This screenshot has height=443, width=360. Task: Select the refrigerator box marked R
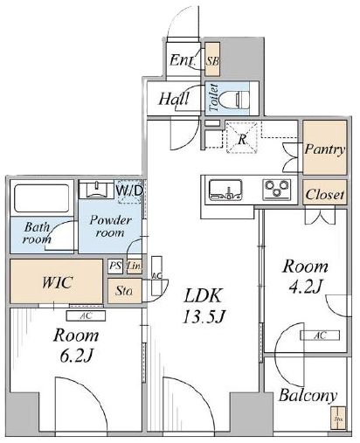241,137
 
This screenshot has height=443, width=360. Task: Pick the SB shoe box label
212,61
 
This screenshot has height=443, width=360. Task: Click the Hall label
176,100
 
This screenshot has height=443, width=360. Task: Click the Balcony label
308,397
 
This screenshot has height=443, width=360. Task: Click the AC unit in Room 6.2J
86,316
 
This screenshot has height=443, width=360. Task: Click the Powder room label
110,227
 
